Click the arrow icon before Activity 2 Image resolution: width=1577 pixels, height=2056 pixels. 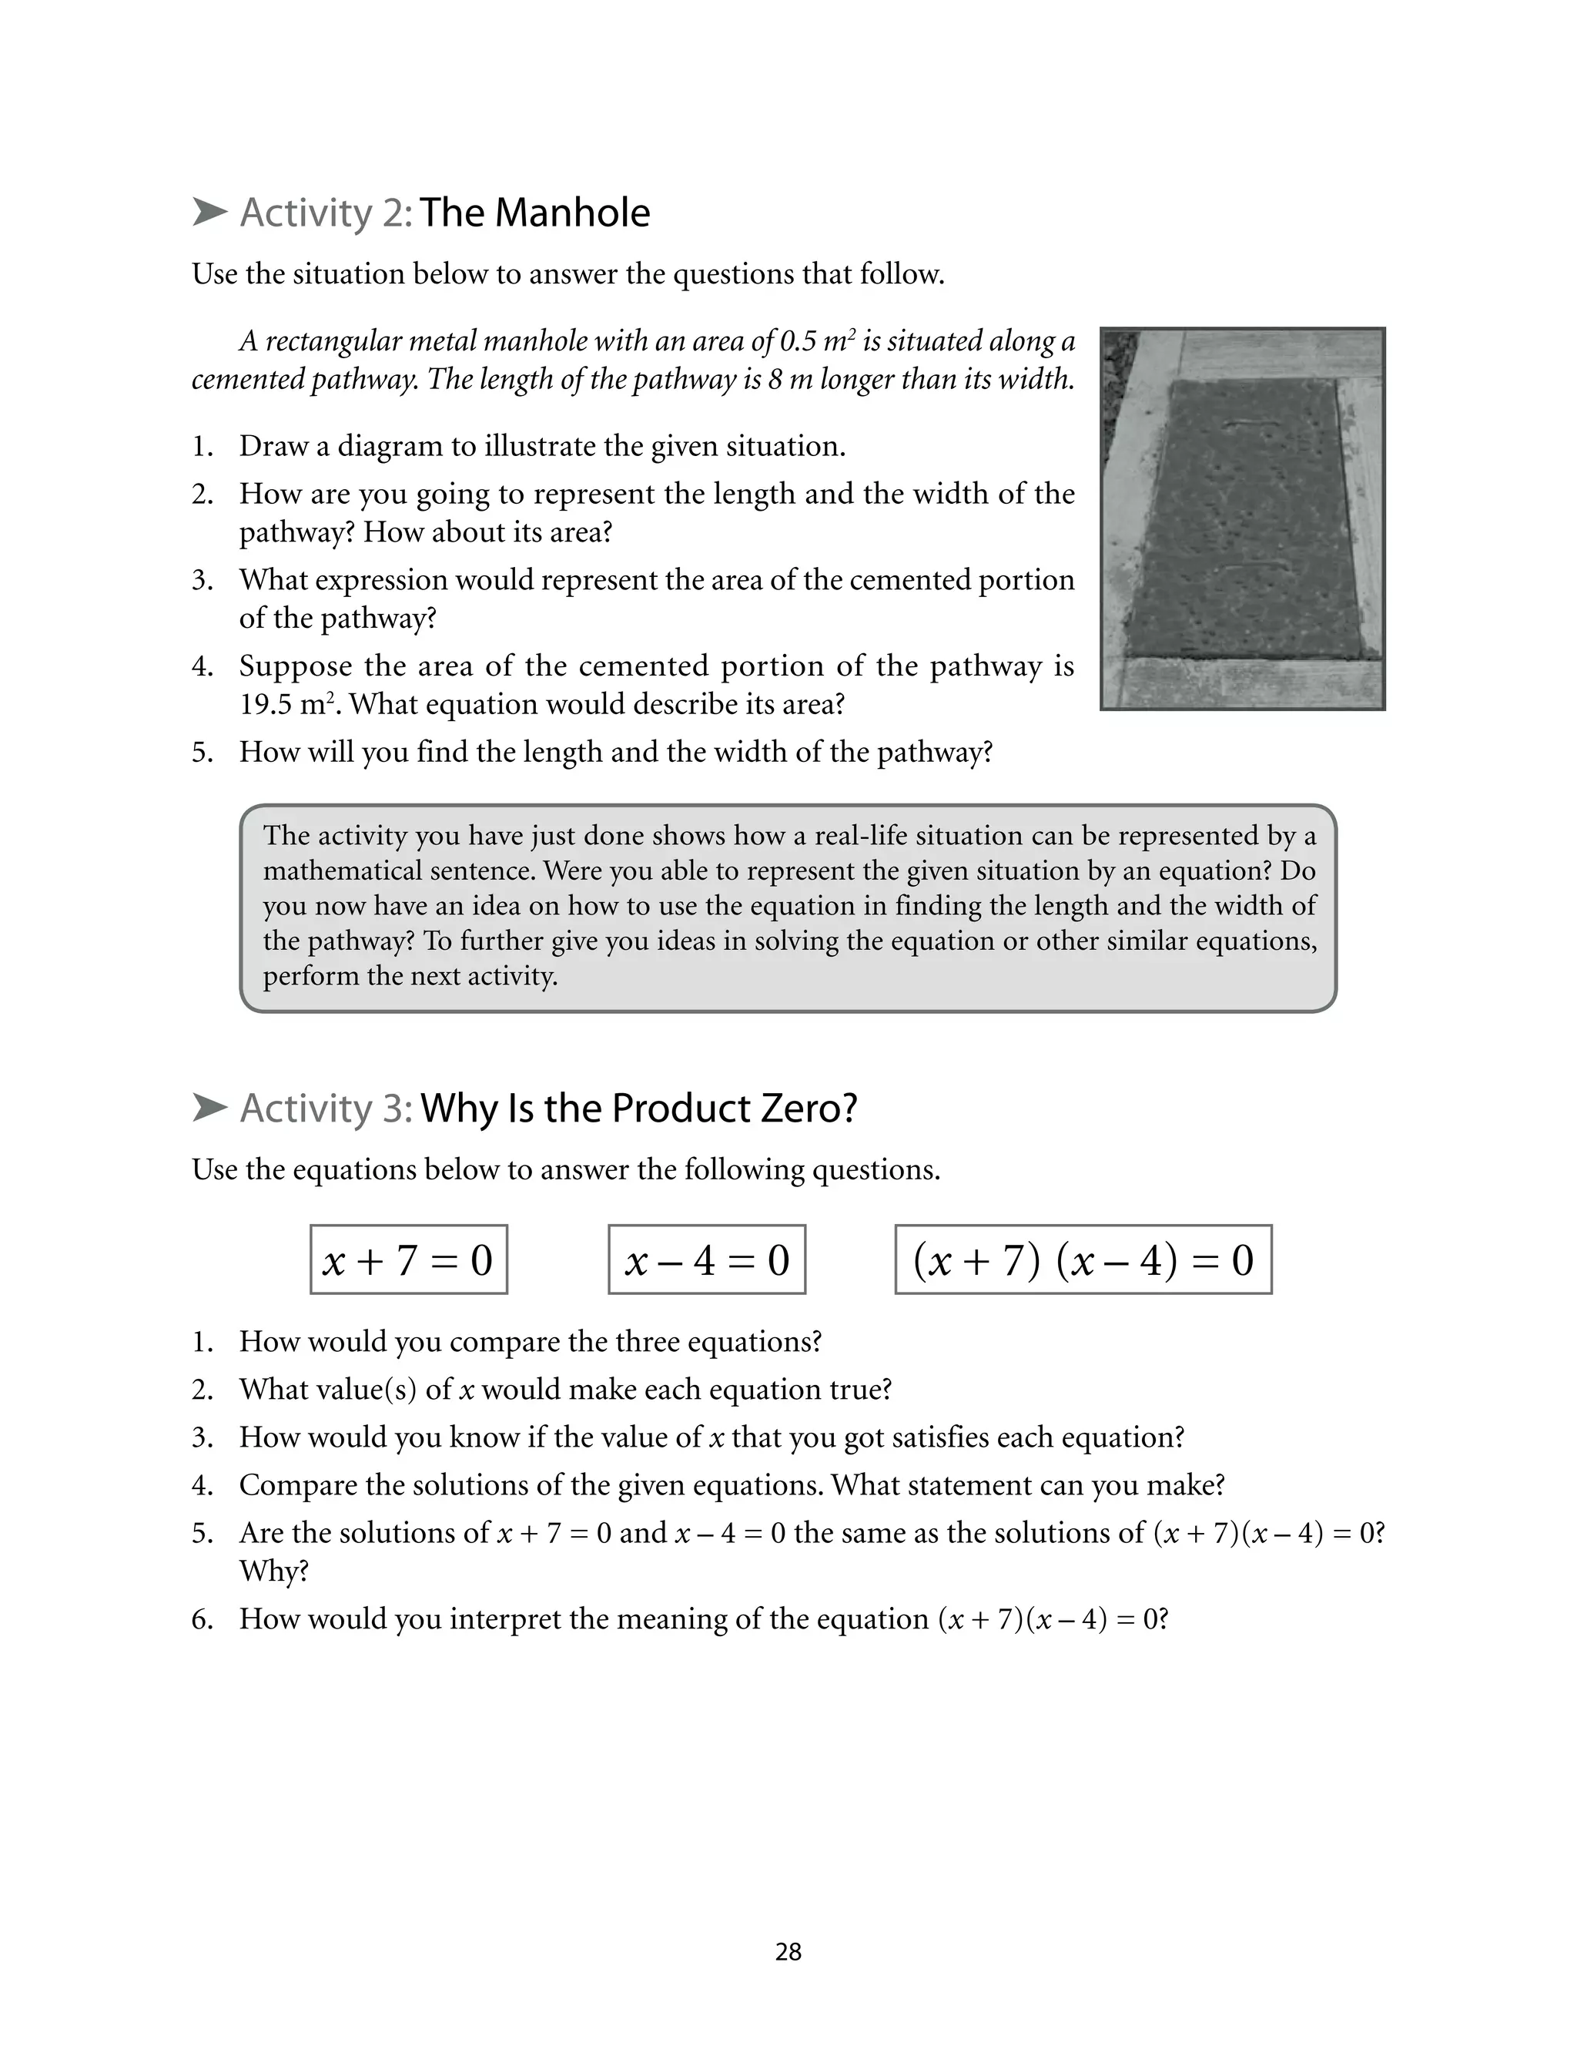[209, 212]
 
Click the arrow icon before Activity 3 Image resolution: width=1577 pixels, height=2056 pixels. [209, 1108]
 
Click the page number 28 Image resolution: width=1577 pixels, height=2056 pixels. [788, 1952]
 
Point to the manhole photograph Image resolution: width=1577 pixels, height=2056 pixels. [1242, 518]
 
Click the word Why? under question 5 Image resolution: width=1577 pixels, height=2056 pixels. [273, 1571]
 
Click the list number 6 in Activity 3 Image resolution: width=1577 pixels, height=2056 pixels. [202, 1618]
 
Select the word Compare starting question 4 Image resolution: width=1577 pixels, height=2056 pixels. [297, 1485]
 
